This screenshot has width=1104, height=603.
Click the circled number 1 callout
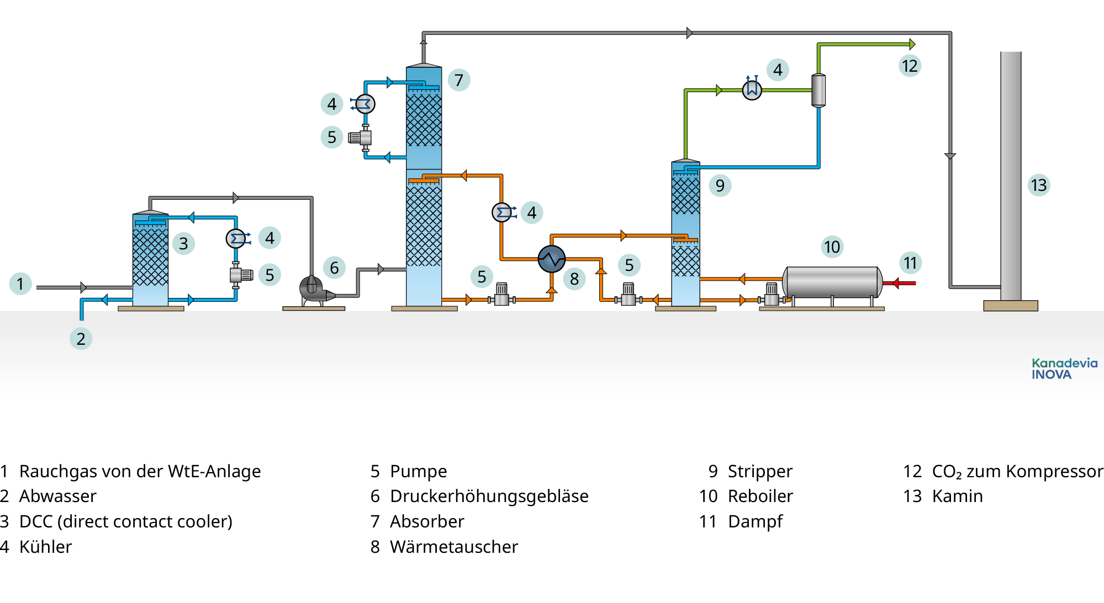tap(20, 284)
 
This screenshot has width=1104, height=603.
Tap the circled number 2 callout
tap(81, 339)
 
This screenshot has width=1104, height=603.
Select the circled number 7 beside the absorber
tap(459, 80)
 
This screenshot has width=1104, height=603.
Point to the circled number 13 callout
tap(1038, 185)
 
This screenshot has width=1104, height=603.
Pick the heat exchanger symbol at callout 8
tap(551, 259)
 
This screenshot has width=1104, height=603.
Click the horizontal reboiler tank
tap(832, 282)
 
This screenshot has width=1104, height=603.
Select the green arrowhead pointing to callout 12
tap(912, 44)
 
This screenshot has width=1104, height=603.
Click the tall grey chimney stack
tap(1011, 177)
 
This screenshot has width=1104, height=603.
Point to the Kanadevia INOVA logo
tap(1064, 369)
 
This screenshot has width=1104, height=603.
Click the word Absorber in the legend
tap(427, 521)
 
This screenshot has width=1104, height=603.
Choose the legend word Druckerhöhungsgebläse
tap(489, 496)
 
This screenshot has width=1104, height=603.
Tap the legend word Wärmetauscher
tap(453, 547)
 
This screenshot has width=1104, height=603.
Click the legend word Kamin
tap(957, 496)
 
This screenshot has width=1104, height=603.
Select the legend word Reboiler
tap(760, 496)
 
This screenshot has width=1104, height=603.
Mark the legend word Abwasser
tap(57, 496)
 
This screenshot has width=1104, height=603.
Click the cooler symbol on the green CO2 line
tap(752, 89)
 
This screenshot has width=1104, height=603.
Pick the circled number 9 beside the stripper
tap(720, 185)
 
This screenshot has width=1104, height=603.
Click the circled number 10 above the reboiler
tap(832, 247)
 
